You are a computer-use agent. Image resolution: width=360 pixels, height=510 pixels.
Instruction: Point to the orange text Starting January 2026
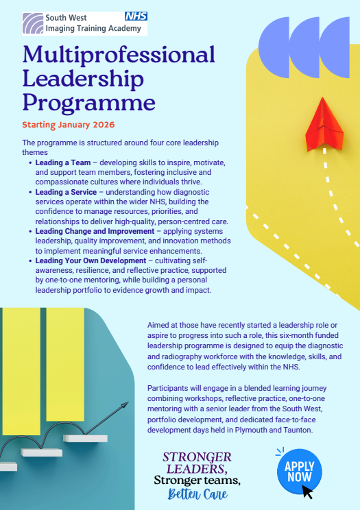coord(68,125)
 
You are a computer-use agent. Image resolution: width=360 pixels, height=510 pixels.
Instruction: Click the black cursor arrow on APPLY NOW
coord(309,491)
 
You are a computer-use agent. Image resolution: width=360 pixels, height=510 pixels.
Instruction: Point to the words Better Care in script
coord(198,494)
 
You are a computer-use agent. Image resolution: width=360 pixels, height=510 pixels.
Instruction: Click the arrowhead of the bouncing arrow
coord(125,406)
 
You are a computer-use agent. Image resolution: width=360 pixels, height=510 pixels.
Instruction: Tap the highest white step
coord(85,438)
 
